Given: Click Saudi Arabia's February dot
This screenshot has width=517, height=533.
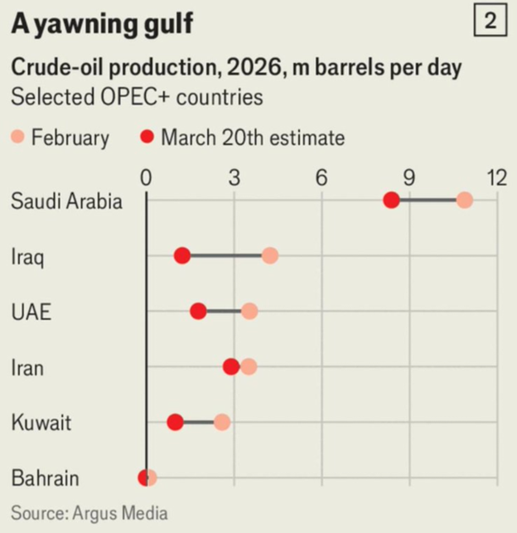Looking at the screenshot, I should (x=464, y=201).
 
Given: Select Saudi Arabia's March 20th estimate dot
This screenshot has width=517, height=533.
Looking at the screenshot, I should (x=391, y=201).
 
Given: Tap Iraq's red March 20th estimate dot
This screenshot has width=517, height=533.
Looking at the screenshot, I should (x=182, y=256).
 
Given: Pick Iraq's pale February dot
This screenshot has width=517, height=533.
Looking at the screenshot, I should (x=269, y=256).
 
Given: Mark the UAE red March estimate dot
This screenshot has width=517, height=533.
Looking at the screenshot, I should (x=198, y=311).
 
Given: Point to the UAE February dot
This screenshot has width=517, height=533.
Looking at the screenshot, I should (x=249, y=311).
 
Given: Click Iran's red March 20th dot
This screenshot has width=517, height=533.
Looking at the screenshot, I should (x=231, y=366).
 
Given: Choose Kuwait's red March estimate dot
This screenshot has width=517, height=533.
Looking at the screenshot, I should (x=175, y=422).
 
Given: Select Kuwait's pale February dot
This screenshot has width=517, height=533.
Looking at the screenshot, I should (x=222, y=422).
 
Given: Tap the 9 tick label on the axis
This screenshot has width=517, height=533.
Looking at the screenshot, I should (x=408, y=178).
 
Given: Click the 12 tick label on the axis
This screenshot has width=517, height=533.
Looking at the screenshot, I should (x=496, y=178).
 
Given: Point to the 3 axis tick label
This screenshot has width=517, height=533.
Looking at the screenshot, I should (x=234, y=178).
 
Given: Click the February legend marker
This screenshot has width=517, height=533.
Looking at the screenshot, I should (x=18, y=137).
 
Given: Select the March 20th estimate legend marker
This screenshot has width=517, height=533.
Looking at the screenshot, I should (x=147, y=137).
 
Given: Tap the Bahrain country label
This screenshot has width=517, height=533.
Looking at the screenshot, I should (x=46, y=478).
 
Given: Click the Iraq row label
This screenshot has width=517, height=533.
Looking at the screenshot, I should (x=27, y=256).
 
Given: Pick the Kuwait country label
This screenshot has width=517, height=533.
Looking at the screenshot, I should (x=41, y=423).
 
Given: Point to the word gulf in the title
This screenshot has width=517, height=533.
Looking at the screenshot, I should (x=165, y=25).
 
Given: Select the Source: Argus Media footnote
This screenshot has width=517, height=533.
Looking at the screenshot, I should (x=89, y=514).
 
